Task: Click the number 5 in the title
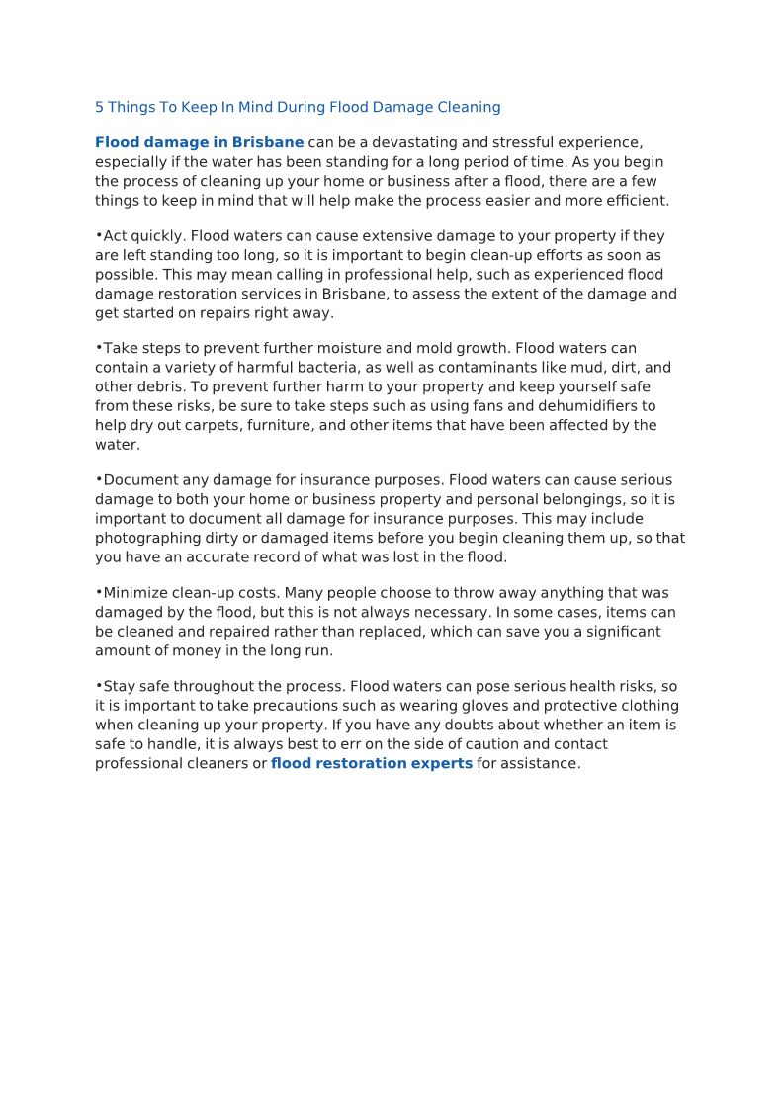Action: (x=99, y=107)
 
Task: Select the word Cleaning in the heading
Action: (x=470, y=107)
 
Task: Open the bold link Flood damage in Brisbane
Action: (x=199, y=143)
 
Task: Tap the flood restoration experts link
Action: (x=371, y=764)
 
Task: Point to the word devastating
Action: (x=428, y=143)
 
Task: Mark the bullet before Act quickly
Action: (x=99, y=235)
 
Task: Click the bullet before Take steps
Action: (x=99, y=347)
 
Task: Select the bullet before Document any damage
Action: (x=99, y=479)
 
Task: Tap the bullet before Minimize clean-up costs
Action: (x=99, y=592)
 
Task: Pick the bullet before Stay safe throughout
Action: (x=99, y=685)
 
